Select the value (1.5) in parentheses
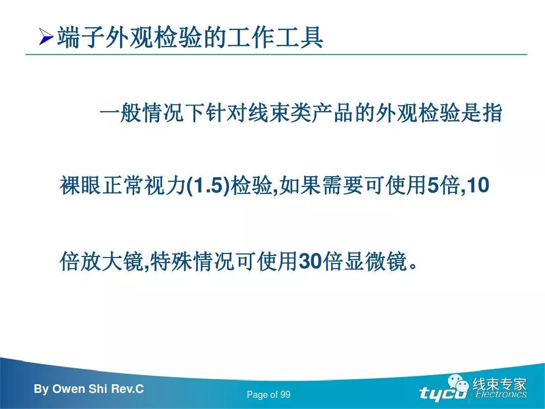(208, 186)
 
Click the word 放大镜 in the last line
(110, 262)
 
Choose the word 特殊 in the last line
(171, 262)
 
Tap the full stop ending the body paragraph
(414, 266)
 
